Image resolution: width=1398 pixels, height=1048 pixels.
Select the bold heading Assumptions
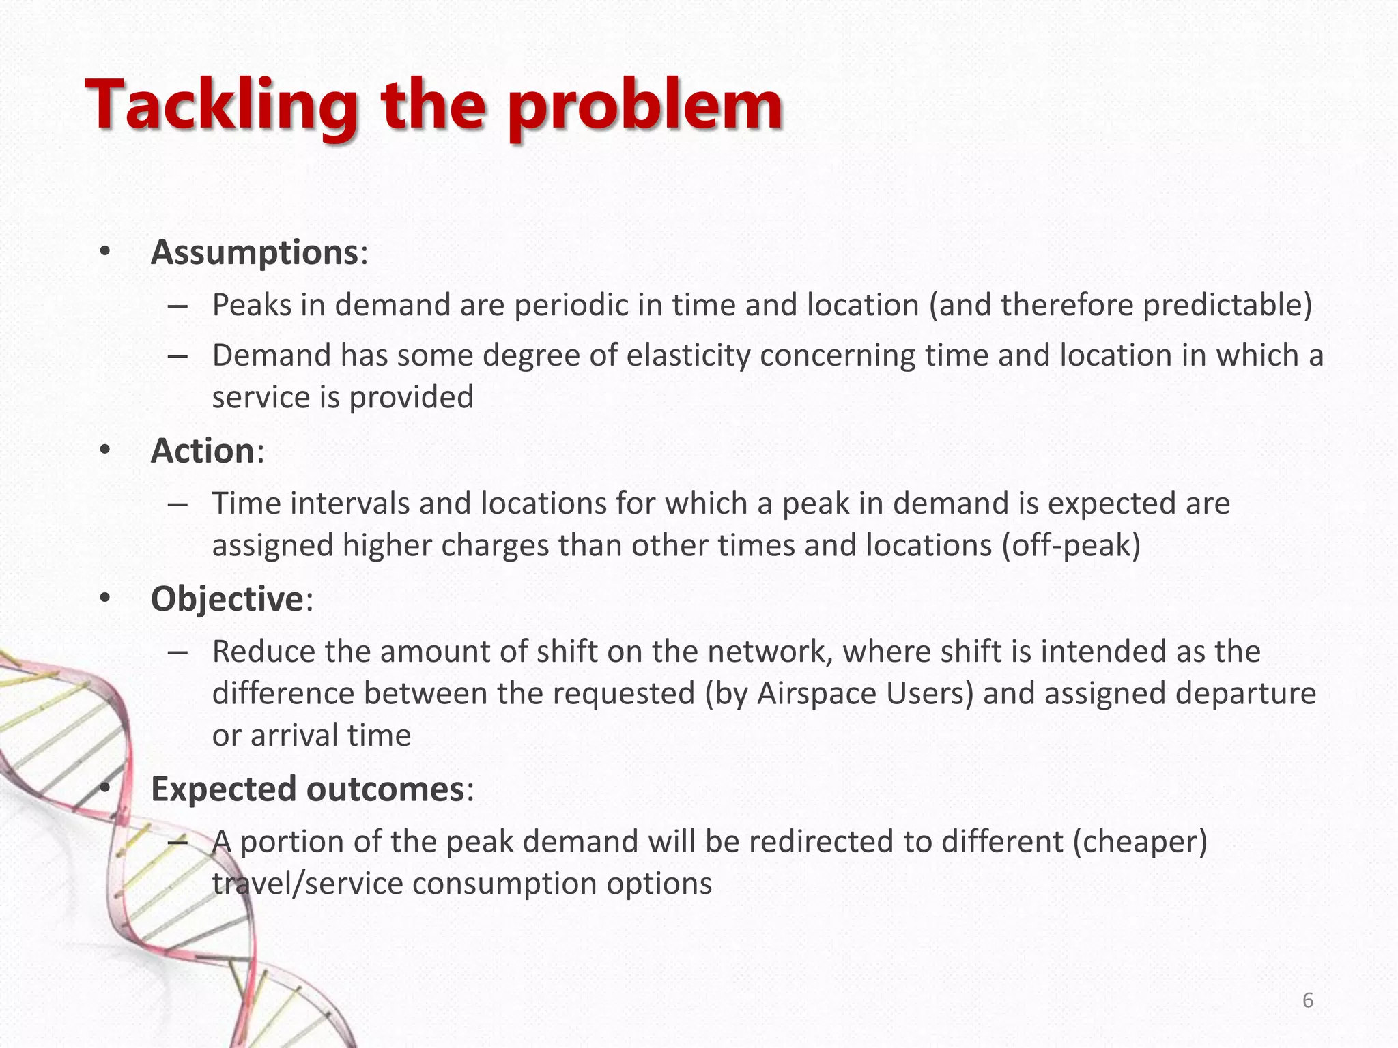pyautogui.click(x=255, y=252)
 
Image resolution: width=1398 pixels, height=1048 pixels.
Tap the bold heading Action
pyautogui.click(x=203, y=451)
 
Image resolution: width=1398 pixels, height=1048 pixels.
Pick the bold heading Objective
pyautogui.click(x=227, y=599)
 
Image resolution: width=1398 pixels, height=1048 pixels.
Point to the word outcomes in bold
pyautogui.click(x=386, y=789)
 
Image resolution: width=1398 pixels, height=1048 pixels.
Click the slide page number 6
pyautogui.click(x=1308, y=1000)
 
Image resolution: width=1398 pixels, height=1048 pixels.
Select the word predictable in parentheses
pyautogui.click(x=1222, y=304)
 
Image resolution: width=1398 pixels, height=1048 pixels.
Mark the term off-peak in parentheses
pyautogui.click(x=1071, y=545)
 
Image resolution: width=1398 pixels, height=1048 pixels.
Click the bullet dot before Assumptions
pyautogui.click(x=104, y=252)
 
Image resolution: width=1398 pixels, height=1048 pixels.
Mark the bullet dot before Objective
pyautogui.click(x=104, y=598)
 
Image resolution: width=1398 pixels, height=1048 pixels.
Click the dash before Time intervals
pyautogui.click(x=177, y=504)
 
